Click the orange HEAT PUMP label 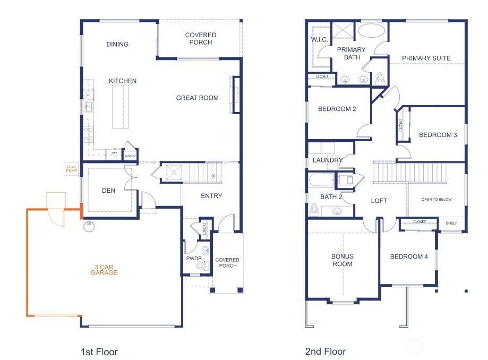click(x=72, y=169)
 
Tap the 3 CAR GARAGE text click(x=104, y=269)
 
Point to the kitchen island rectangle click(x=121, y=107)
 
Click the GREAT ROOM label click(x=197, y=98)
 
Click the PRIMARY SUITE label click(x=426, y=58)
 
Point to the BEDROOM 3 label click(x=438, y=135)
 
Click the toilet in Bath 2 click(x=314, y=210)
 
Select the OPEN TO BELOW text click(x=436, y=200)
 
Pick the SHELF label click(x=451, y=223)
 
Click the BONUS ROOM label click(x=342, y=260)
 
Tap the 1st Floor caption click(x=99, y=352)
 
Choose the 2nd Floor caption click(x=326, y=351)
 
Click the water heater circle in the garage click(x=89, y=226)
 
